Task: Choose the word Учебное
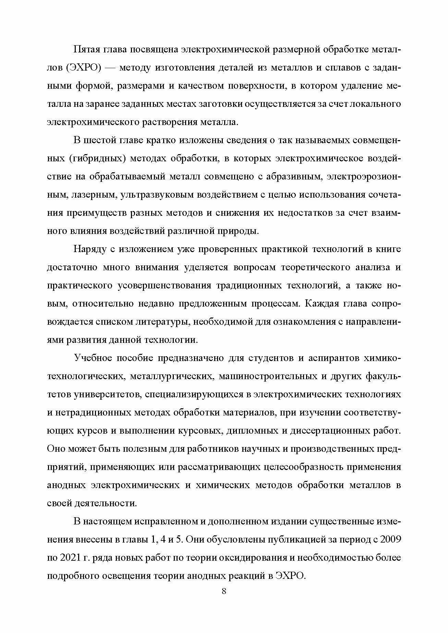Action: [x=93, y=358]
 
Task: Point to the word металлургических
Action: [x=166, y=376]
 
